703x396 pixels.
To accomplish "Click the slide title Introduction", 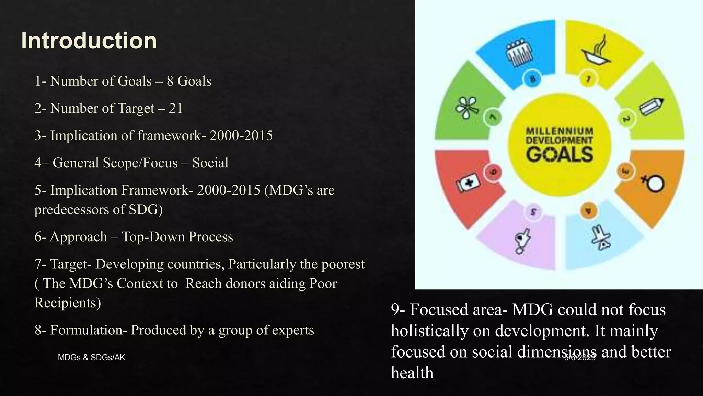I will point(89,41).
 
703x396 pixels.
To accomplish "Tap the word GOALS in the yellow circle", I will point(560,154).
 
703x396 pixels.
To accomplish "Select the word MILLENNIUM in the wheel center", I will point(560,131).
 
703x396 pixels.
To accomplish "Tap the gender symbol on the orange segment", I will point(653,183).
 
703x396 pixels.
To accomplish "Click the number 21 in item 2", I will point(175,108).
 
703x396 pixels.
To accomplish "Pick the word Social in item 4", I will point(210,163).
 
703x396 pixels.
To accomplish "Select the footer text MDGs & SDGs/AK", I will point(91,357).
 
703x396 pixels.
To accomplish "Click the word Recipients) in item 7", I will point(68,303).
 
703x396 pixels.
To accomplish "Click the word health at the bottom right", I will point(412,373).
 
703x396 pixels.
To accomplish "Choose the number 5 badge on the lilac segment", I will point(533,212).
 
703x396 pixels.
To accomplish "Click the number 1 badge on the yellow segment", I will point(588,79).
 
